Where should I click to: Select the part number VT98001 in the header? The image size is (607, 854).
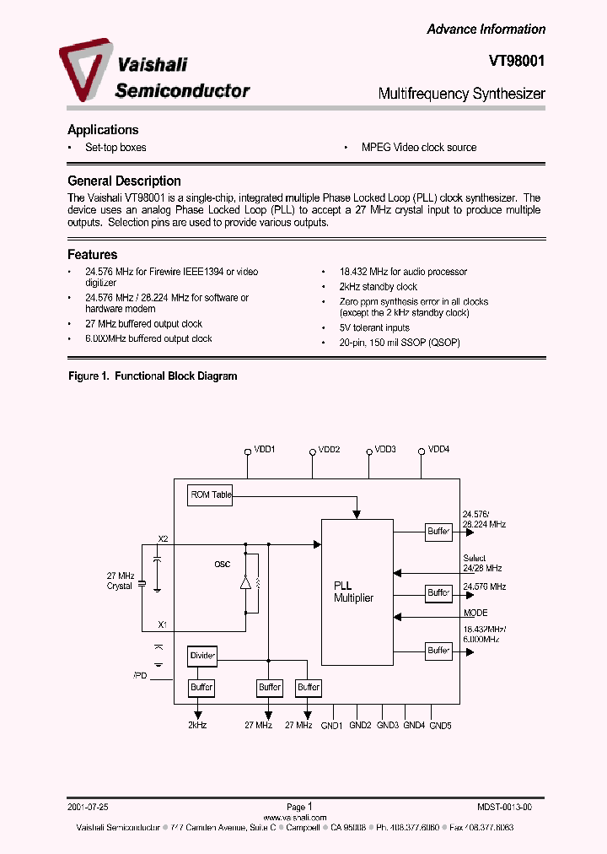tap(517, 62)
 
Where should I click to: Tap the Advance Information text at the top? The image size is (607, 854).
tap(486, 30)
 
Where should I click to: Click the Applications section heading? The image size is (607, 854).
tap(103, 130)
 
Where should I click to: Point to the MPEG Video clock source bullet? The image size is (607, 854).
tap(418, 148)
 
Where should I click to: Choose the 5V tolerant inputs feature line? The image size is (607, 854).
tap(374, 327)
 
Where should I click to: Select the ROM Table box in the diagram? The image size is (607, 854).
tap(209, 495)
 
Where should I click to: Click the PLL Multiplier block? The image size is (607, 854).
tap(357, 592)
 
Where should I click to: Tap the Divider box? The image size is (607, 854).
tap(202, 655)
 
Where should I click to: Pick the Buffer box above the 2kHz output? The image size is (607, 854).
tap(201, 688)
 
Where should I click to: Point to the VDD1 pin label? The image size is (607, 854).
tap(265, 450)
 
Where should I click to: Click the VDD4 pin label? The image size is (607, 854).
tap(438, 450)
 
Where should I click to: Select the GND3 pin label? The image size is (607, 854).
tap(387, 725)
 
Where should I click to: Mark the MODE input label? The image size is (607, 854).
tap(475, 613)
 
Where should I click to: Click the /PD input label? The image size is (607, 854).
tap(139, 676)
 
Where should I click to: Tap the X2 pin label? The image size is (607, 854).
tap(163, 538)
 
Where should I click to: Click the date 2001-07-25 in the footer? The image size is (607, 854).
tap(89, 807)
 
